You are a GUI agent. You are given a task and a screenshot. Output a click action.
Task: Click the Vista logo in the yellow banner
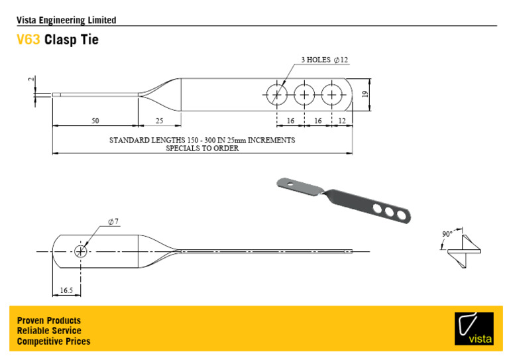pyautogui.click(x=474, y=328)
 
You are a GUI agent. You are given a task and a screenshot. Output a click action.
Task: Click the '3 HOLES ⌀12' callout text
pyautogui.click(x=324, y=60)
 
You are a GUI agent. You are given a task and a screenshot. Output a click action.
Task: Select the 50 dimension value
pyautogui.click(x=95, y=120)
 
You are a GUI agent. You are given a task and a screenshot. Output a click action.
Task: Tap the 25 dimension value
pyautogui.click(x=159, y=120)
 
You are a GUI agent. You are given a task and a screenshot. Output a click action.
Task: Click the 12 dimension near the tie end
pyautogui.click(x=341, y=120)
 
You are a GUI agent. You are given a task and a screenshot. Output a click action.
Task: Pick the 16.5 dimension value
pyautogui.click(x=66, y=290)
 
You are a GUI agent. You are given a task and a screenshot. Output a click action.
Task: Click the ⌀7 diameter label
pyautogui.click(x=113, y=221)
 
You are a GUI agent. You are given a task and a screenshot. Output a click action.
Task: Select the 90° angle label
pyautogui.click(x=447, y=234)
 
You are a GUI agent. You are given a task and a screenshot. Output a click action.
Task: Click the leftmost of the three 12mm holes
pyautogui.click(x=276, y=95)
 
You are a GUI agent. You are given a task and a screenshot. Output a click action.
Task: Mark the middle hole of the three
pyautogui.click(x=304, y=95)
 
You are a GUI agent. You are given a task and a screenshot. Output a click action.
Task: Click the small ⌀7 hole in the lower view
pyautogui.click(x=81, y=251)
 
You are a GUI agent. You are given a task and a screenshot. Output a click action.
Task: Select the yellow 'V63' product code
pyautogui.click(x=28, y=40)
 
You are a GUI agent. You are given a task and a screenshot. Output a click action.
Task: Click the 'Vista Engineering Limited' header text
pyautogui.click(x=66, y=20)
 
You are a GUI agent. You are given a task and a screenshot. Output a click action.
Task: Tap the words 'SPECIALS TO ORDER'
pyautogui.click(x=202, y=149)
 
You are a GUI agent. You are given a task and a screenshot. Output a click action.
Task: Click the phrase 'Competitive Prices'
pyautogui.click(x=54, y=341)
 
